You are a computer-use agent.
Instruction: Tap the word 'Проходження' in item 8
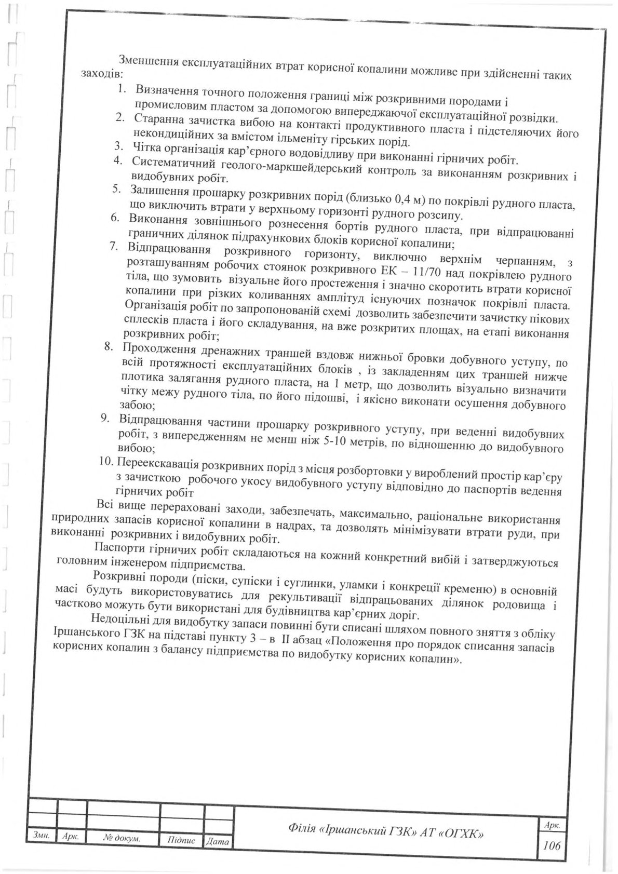155,348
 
